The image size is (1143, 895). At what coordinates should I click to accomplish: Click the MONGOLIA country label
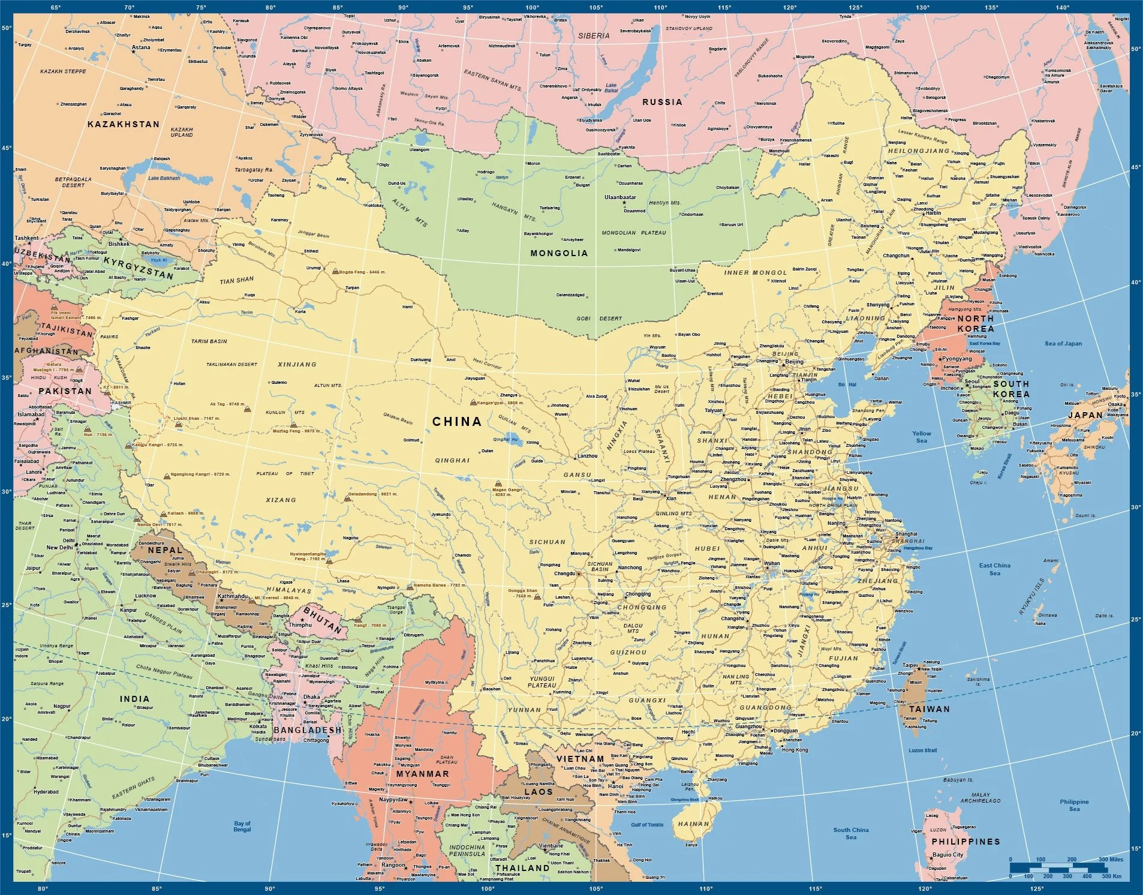click(x=559, y=253)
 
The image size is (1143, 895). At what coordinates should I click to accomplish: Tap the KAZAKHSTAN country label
click(x=124, y=124)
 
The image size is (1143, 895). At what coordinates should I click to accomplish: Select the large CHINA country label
click(x=457, y=422)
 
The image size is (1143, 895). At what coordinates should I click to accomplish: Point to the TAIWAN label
click(x=930, y=709)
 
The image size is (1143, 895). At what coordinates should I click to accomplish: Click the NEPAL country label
click(x=165, y=549)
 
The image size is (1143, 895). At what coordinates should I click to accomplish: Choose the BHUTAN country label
click(x=323, y=620)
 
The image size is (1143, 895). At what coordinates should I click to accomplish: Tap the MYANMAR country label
click(x=422, y=774)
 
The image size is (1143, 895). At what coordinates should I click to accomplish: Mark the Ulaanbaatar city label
click(x=620, y=197)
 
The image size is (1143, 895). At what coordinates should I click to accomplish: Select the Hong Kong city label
click(x=795, y=750)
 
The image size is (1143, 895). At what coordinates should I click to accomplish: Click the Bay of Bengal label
click(x=242, y=827)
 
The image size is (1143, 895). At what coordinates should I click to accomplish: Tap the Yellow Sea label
click(x=922, y=437)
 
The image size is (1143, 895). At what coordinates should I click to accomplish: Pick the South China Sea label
click(x=851, y=833)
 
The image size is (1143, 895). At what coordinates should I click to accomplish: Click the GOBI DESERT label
click(x=599, y=319)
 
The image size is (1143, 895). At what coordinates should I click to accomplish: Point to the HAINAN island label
click(x=693, y=824)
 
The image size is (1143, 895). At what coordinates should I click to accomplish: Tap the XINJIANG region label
click(x=297, y=364)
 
